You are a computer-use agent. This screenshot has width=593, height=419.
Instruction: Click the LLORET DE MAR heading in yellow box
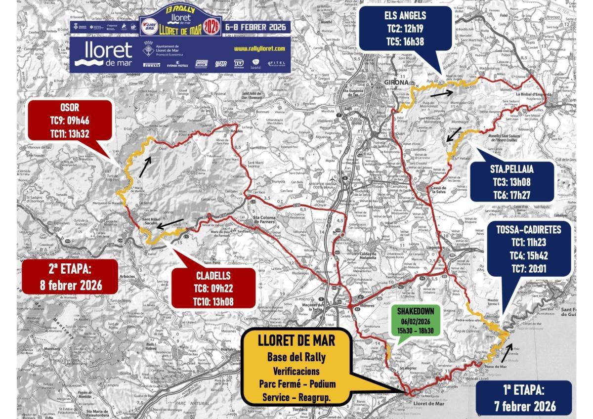(296, 340)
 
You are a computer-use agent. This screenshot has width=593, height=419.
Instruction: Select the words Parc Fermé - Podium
(297, 384)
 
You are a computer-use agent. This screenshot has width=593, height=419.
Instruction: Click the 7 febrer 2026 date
(525, 406)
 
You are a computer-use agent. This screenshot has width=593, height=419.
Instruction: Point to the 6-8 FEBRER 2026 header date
(255, 27)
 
